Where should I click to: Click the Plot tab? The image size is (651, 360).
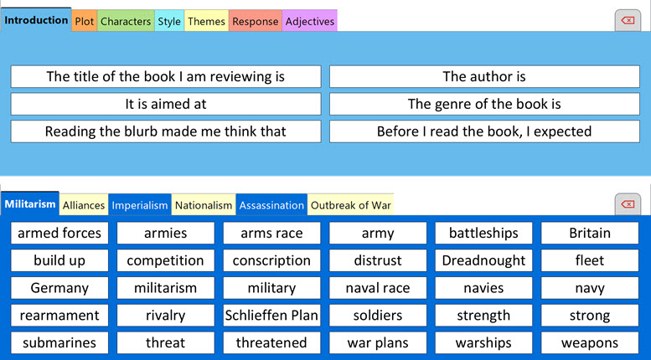pyautogui.click(x=84, y=22)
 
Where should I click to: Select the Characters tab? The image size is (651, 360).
pyautogui.click(x=126, y=22)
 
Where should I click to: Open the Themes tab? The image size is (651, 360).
pyautogui.click(x=205, y=22)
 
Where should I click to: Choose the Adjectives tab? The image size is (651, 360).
pyautogui.click(x=310, y=22)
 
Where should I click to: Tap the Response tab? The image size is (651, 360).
pyautogui.click(x=255, y=22)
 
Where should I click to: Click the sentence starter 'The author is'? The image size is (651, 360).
pyautogui.click(x=484, y=77)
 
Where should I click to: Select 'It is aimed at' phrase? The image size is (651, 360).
pyautogui.click(x=166, y=105)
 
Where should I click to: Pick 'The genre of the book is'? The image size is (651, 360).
pyautogui.click(x=484, y=105)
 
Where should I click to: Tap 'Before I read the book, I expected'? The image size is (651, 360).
pyautogui.click(x=484, y=131)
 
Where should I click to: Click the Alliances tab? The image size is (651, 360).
pyautogui.click(x=84, y=205)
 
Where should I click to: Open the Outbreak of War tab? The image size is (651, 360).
pyautogui.click(x=351, y=205)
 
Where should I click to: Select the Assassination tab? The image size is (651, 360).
pyautogui.click(x=271, y=205)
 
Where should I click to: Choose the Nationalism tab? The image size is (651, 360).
pyautogui.click(x=204, y=205)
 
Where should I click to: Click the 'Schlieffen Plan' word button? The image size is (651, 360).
pyautogui.click(x=271, y=316)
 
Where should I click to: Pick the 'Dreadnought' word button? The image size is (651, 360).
pyautogui.click(x=483, y=260)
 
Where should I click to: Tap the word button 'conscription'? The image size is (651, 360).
pyautogui.click(x=271, y=260)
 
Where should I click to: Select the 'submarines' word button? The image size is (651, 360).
pyautogui.click(x=59, y=343)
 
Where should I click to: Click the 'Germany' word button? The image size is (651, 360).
pyautogui.click(x=59, y=288)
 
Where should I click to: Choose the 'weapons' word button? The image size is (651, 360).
pyautogui.click(x=590, y=343)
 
